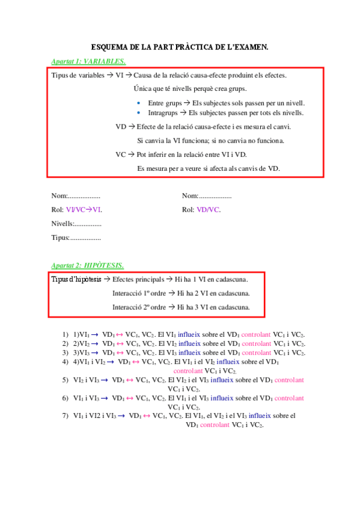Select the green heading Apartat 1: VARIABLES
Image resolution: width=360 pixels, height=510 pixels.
coord(88,61)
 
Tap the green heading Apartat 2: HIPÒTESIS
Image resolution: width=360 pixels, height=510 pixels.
coord(88,265)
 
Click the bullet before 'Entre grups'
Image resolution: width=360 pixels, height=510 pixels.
coord(139,103)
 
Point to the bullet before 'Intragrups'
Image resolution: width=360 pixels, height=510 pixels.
coord(139,112)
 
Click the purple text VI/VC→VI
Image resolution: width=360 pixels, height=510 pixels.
coord(84,210)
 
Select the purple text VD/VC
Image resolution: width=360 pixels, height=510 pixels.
coord(209,210)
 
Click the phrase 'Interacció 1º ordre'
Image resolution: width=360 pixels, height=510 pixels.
coord(139,293)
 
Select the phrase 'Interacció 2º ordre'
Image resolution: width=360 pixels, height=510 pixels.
coord(139,307)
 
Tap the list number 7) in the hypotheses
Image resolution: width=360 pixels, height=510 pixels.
coord(66,416)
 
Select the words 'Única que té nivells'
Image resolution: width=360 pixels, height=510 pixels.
coord(157,88)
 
